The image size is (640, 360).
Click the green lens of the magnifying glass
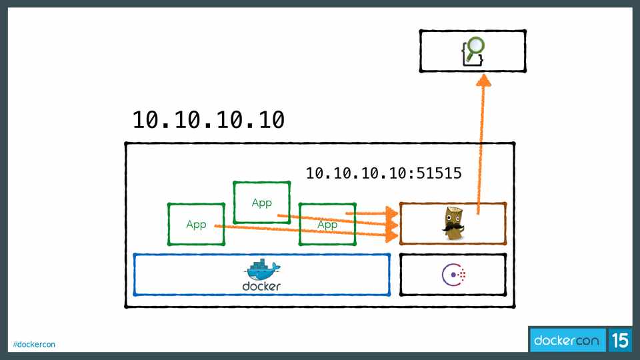pos(476,47)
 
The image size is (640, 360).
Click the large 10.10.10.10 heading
pos(209,120)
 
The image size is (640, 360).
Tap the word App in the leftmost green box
pos(196,225)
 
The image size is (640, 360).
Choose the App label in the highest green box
pos(261,203)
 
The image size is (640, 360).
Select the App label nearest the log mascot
pos(327,225)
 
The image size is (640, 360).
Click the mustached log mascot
pos(453,223)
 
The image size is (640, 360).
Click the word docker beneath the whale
pos(261,287)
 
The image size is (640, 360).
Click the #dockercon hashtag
pos(34,344)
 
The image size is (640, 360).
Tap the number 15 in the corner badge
pos(620,341)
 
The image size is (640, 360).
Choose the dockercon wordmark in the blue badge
pos(567,341)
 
